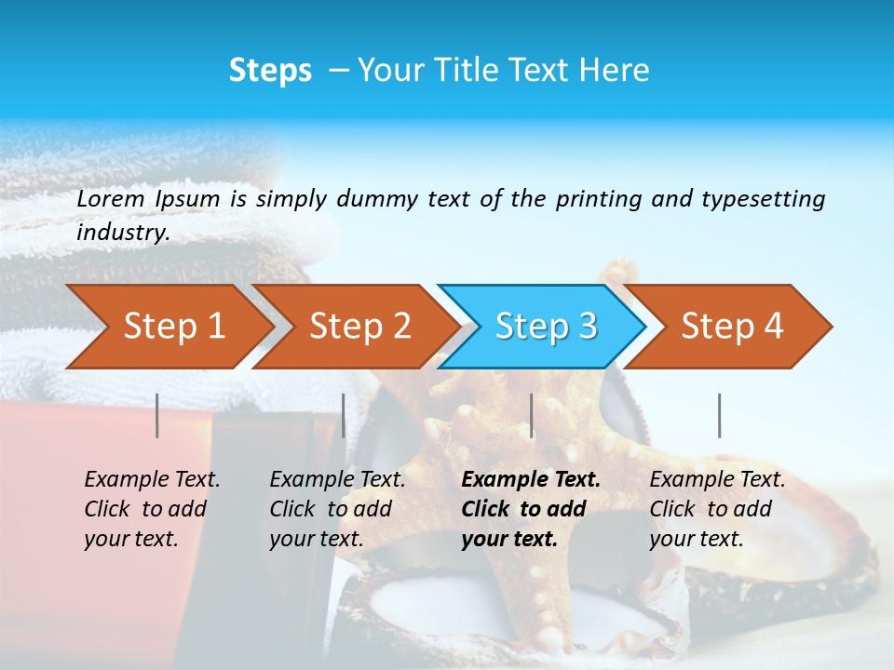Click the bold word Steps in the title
click(x=270, y=71)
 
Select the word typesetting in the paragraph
click(x=763, y=198)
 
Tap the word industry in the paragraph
click(x=122, y=232)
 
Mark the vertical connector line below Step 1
click(x=157, y=415)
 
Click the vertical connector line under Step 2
click(x=344, y=415)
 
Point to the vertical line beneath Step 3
click(x=531, y=415)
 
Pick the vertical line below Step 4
click(x=719, y=415)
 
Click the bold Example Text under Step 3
click(x=531, y=480)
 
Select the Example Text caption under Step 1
click(x=152, y=480)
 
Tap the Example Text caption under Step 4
click(x=717, y=480)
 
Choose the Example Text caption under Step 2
click(x=337, y=480)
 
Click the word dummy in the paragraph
click(x=377, y=198)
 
